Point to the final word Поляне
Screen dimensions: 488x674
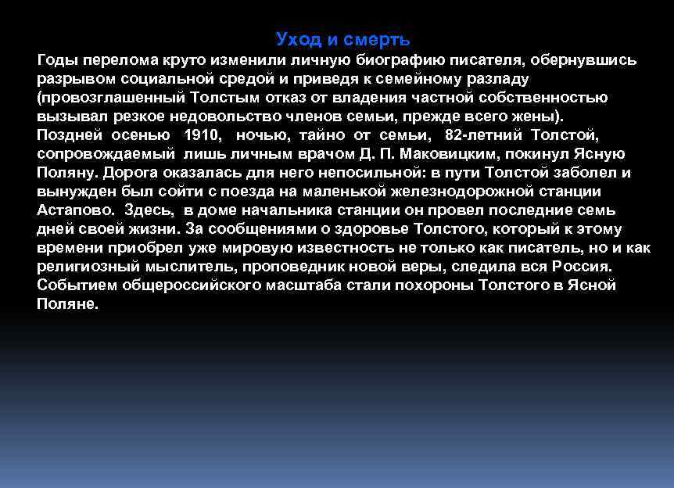(67, 304)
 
